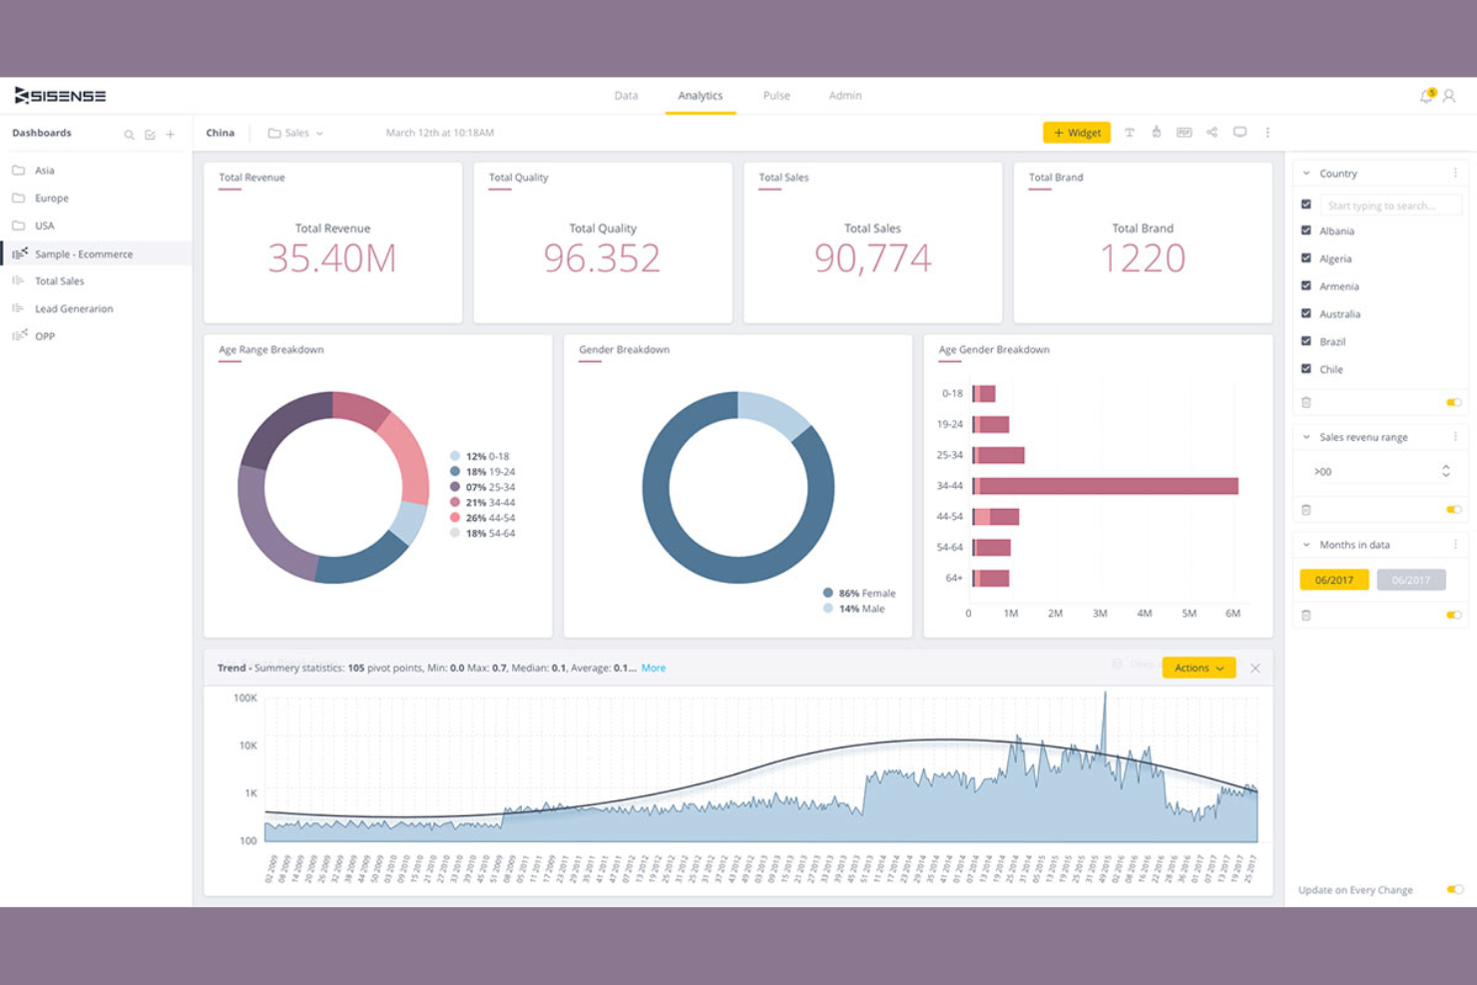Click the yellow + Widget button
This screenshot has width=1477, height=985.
click(x=1076, y=133)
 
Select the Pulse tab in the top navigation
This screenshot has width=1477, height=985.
click(x=776, y=96)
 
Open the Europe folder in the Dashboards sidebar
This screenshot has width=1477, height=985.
click(x=51, y=199)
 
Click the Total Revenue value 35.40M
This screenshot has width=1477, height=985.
click(x=332, y=258)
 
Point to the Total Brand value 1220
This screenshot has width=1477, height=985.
click(x=1143, y=258)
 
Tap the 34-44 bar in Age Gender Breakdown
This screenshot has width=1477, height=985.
click(x=1106, y=486)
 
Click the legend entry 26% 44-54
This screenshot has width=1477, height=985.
click(x=489, y=518)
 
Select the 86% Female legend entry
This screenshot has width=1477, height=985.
click(x=865, y=593)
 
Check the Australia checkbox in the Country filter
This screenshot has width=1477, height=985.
click(x=1306, y=313)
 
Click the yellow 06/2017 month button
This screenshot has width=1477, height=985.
click(x=1333, y=580)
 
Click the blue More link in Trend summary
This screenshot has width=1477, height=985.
click(x=653, y=668)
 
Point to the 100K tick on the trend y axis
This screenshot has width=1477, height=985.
click(x=246, y=698)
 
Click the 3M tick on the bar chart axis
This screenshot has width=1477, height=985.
click(x=1100, y=614)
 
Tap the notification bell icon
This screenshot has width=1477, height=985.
click(x=1426, y=96)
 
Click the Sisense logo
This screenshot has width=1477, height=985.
click(x=60, y=96)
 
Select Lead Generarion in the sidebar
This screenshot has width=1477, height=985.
click(x=74, y=309)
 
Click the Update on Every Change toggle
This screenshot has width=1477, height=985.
click(x=1454, y=889)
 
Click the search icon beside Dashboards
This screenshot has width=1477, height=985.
click(x=129, y=135)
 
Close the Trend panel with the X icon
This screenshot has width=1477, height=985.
click(x=1255, y=669)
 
